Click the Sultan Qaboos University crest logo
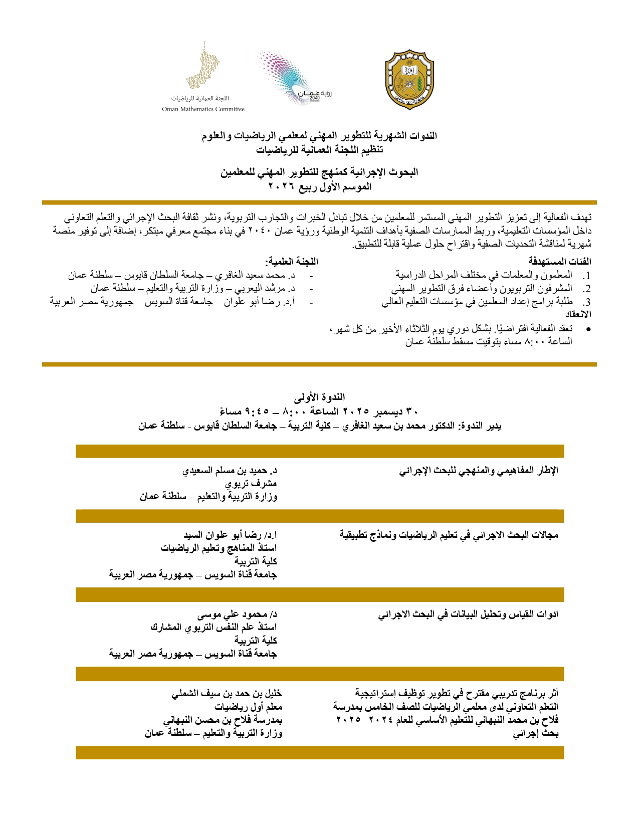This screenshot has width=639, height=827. tap(409, 79)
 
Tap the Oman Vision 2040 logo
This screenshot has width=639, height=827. tap(294, 78)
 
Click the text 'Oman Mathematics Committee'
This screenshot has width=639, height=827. tap(203, 109)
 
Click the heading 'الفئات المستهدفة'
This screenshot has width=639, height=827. tap(560, 261)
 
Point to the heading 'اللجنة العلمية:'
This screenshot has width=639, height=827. tap(292, 261)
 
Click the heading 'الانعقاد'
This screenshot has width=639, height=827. tap(578, 315)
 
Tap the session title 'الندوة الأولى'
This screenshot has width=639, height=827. tap(319, 397)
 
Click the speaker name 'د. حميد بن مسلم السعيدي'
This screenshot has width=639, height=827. tap(230, 471)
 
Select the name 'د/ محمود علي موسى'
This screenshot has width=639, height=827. tap(237, 614)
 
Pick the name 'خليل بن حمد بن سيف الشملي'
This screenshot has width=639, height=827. tap(227, 694)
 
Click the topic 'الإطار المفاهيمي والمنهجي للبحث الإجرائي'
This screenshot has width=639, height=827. tap(479, 471)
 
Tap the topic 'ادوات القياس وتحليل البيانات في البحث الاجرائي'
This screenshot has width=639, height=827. tap(468, 614)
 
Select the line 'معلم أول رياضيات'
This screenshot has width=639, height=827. tap(248, 707)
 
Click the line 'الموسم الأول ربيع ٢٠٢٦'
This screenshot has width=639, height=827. tap(320, 187)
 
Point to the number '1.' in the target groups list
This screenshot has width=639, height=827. tap(586, 276)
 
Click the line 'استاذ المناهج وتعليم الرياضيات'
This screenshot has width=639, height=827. tap(219, 548)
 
